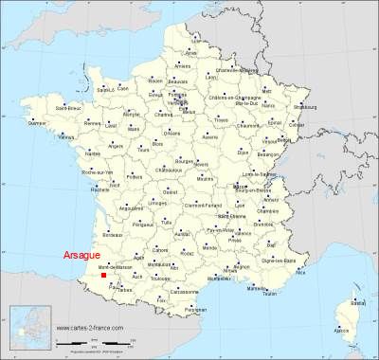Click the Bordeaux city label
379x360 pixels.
[x=114, y=232]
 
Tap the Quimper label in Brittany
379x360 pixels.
[x=37, y=122]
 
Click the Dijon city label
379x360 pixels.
[x=243, y=152]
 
